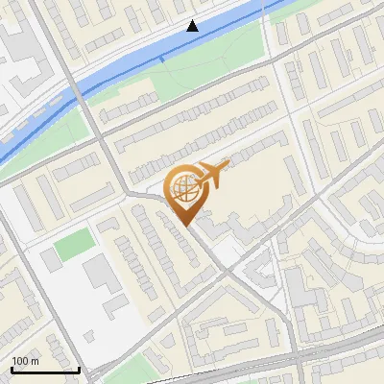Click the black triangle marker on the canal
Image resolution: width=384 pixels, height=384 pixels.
(x=193, y=26)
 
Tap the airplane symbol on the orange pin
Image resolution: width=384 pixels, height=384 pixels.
(x=212, y=174)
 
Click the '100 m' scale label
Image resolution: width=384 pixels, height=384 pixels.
(x=25, y=361)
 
